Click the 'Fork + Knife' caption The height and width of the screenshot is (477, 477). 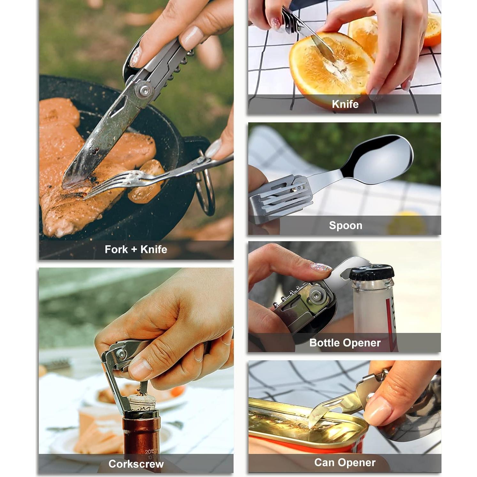pyautogui.click(x=136, y=249)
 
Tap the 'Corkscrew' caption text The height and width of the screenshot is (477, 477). pyautogui.click(x=136, y=464)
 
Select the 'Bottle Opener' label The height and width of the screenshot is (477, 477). pyautogui.click(x=345, y=343)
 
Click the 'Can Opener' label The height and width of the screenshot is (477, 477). pyautogui.click(x=345, y=462)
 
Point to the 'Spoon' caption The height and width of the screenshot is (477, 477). pyautogui.click(x=345, y=225)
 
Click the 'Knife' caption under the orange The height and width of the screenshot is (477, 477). pyautogui.click(x=345, y=104)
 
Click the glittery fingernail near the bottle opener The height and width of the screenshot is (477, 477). pyautogui.click(x=320, y=267)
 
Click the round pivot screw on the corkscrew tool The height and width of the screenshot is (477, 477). pyautogui.click(x=121, y=354)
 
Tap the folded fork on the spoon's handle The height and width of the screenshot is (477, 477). pyautogui.click(x=281, y=195)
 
